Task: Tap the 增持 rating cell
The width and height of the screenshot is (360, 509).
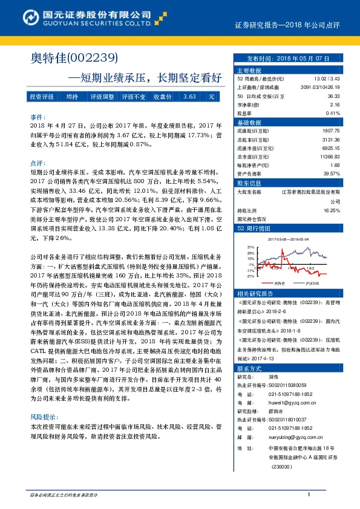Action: pyautogui.click(x=72, y=97)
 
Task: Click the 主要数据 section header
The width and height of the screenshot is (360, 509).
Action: pyautogui.click(x=249, y=70)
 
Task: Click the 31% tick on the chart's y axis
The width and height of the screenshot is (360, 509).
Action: pyautogui.click(x=250, y=247)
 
